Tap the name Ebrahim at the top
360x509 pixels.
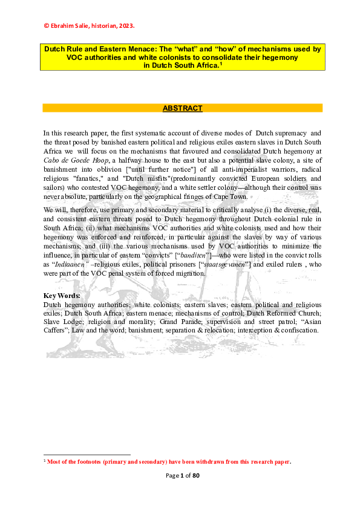click(x=64, y=26)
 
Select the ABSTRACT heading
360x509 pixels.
click(x=182, y=108)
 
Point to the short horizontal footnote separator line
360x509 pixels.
click(x=87, y=455)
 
